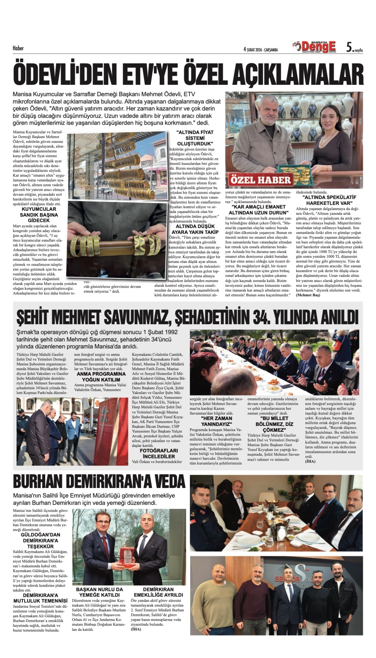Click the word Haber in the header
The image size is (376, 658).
coord(18,48)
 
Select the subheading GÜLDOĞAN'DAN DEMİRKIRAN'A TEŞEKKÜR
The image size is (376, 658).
coord(40,540)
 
